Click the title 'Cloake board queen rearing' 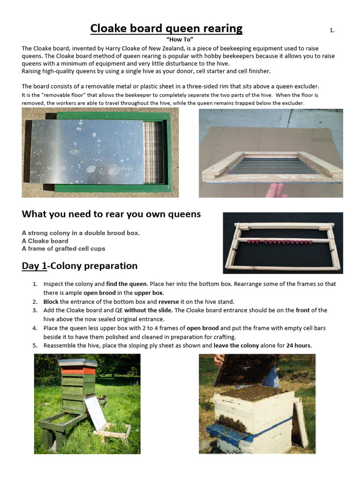tap(166, 29)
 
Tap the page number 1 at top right tap(332, 30)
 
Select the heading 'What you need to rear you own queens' tap(111, 214)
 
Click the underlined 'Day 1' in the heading tap(34, 266)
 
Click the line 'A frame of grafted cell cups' tap(63, 248)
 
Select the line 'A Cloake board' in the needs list tap(45, 241)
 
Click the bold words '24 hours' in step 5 tap(299, 345)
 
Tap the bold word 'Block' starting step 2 tap(51, 301)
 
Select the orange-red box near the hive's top tap(78, 370)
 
